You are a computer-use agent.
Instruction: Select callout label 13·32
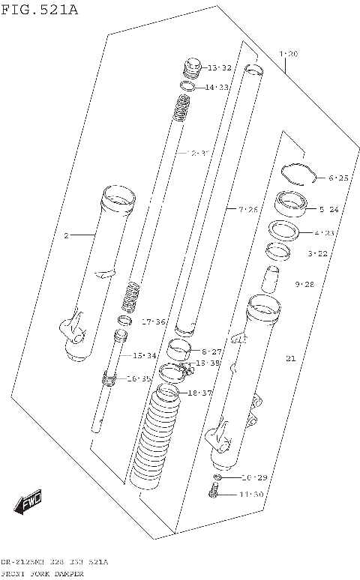click(220, 68)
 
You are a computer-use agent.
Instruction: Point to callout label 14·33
click(217, 88)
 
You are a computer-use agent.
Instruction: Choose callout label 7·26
click(248, 208)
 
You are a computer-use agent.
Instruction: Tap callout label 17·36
click(153, 321)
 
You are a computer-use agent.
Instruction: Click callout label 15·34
click(145, 355)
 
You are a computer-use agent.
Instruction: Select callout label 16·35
click(139, 379)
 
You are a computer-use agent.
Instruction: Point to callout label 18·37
click(201, 393)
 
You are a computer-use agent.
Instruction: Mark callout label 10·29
click(254, 477)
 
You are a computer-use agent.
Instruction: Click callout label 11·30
click(252, 494)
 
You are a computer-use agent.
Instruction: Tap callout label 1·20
click(288, 54)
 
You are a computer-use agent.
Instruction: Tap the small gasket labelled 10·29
click(217, 477)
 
